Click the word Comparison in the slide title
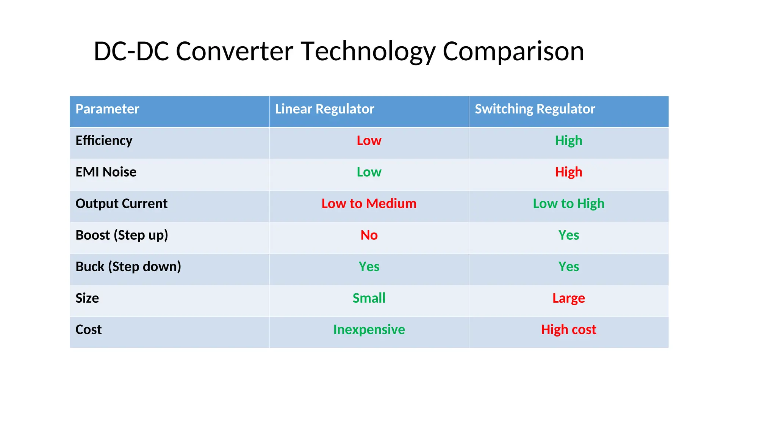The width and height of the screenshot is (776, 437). click(513, 51)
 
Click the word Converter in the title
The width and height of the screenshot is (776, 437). click(235, 51)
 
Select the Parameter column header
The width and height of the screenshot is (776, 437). click(107, 109)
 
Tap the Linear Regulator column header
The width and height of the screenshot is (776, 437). click(324, 109)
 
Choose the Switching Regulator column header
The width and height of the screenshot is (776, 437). click(535, 109)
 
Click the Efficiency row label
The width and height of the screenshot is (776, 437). click(104, 141)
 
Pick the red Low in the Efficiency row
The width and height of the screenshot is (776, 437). click(369, 141)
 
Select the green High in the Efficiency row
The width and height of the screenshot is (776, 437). click(568, 141)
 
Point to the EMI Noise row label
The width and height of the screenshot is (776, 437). click(106, 172)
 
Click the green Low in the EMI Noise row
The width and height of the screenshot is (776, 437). click(369, 172)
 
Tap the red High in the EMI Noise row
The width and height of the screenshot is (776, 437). click(568, 172)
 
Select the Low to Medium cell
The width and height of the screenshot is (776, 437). click(369, 204)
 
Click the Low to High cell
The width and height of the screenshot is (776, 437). click(568, 204)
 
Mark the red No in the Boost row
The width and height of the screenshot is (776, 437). click(369, 235)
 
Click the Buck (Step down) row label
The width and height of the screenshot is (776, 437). click(128, 267)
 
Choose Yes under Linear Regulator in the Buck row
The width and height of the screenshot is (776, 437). click(369, 267)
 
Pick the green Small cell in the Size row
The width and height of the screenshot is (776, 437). click(369, 298)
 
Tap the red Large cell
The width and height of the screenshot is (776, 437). click(568, 298)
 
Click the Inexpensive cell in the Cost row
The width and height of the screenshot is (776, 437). click(369, 330)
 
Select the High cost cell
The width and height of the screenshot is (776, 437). click(568, 330)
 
